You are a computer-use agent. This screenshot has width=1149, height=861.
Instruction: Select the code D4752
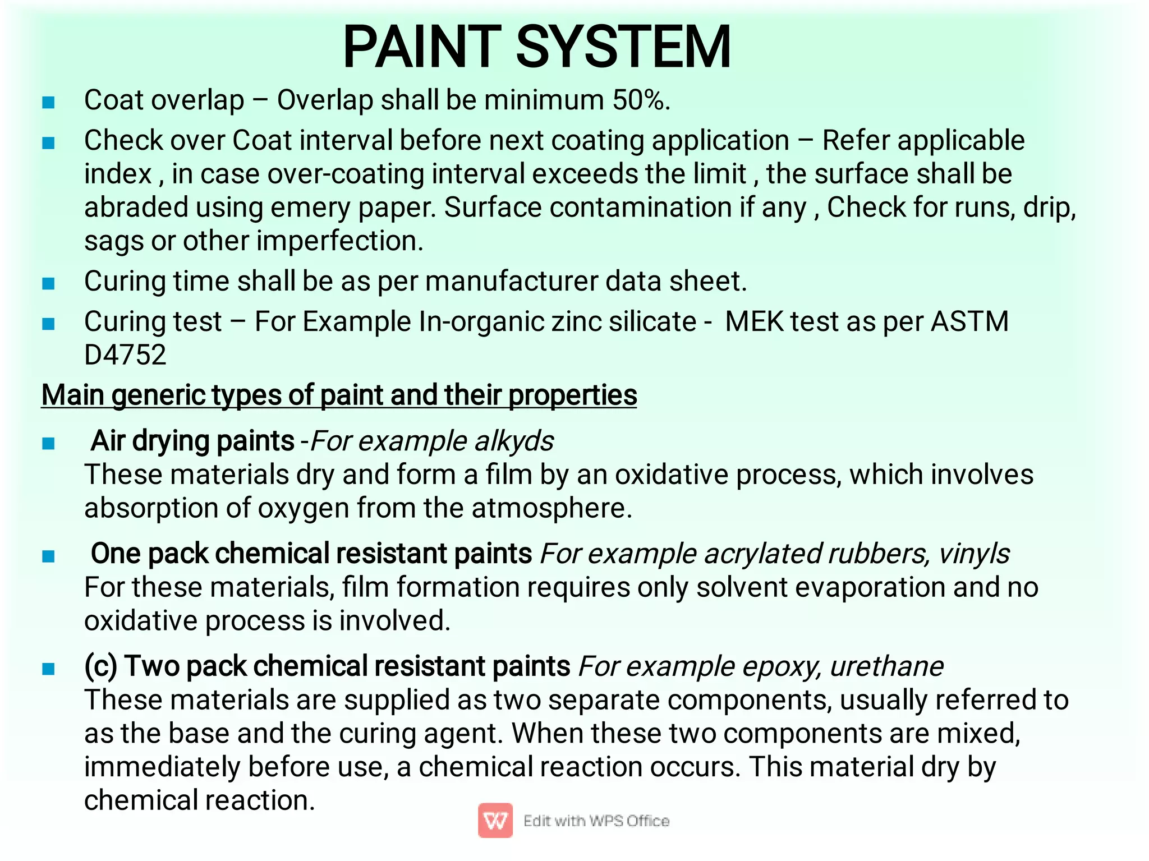(125, 355)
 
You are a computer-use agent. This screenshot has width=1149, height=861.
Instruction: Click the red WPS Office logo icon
(495, 821)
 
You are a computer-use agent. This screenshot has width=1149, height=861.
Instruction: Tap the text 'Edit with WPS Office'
(596, 821)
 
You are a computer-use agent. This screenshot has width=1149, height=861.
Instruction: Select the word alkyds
(514, 441)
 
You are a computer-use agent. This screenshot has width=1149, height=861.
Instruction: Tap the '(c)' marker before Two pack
(101, 667)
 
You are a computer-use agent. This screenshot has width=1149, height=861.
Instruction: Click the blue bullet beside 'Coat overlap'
(49, 103)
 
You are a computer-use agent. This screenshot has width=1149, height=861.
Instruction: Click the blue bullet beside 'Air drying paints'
(49, 444)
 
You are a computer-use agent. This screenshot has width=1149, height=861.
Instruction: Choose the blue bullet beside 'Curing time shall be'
(49, 284)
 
